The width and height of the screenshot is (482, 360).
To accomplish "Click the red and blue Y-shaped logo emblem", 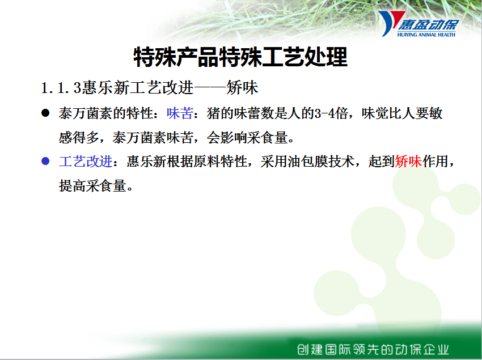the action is coord(390,22).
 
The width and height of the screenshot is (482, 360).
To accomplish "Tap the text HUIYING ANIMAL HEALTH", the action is coord(426,35).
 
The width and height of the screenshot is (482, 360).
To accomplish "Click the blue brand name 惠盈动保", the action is coord(429,25).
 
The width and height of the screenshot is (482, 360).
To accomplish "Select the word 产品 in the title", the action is coord(198,57).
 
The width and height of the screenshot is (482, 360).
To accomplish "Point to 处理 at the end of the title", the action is coord(326,57).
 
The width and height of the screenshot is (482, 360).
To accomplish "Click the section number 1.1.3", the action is coord(61,88).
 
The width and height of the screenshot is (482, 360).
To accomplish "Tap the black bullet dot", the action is coord(45,113).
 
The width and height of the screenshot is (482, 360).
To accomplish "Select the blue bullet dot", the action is coord(45,161).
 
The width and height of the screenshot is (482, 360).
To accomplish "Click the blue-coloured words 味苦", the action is coord(180,113).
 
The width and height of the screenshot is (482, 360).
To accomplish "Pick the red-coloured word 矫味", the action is coord(408,161).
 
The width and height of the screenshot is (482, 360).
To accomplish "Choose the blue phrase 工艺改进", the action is coord(86,162).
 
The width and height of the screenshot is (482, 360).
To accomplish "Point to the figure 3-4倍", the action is coord(331,113).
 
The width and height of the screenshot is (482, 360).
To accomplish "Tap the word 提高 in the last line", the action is coord(72,185).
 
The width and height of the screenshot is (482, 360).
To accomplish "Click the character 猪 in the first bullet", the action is coord(214,113).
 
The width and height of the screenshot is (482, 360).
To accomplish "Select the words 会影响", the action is coord(227,137).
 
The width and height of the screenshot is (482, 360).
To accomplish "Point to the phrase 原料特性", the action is coord(221,161).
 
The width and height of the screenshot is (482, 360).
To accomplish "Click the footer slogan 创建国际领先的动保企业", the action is coord(373,350).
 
